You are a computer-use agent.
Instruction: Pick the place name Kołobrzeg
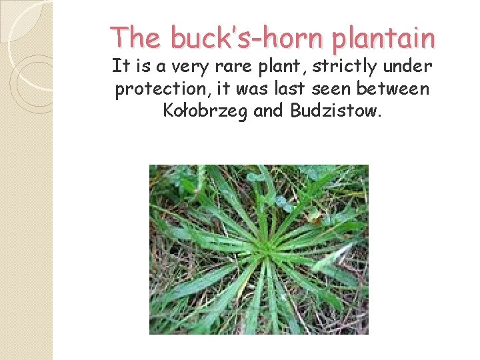click(206, 111)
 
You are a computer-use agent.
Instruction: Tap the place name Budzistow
click(336, 111)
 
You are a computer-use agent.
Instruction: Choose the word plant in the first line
click(277, 67)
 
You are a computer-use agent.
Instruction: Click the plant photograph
click(259, 249)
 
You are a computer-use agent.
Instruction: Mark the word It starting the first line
click(120, 67)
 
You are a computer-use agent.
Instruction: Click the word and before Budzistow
click(269, 111)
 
